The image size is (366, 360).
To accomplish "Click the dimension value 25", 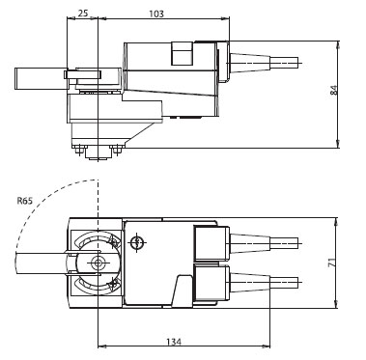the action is (83, 14).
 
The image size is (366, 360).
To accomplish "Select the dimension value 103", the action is (156, 14).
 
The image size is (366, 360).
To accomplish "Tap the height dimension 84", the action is (334, 90).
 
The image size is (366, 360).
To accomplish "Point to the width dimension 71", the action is (333, 263).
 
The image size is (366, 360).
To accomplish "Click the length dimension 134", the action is (174, 342).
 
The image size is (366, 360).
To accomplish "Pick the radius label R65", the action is (25, 201).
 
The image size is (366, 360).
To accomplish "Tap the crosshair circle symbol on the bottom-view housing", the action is (137, 242).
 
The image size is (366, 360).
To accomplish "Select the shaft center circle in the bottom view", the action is (97, 263).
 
